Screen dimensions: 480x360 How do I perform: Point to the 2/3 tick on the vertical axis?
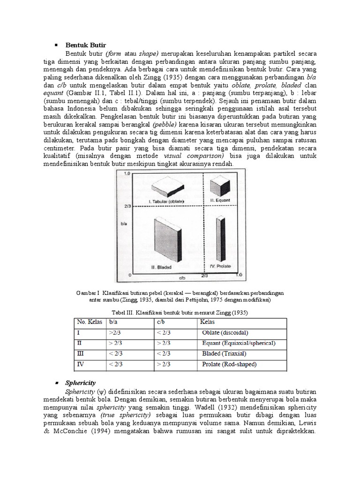pos(125,205)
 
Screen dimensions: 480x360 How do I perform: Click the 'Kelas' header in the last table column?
pos(207,322)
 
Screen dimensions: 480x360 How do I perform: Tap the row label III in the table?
pos(79,353)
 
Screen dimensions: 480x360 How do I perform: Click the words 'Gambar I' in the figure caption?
pos(86,293)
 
